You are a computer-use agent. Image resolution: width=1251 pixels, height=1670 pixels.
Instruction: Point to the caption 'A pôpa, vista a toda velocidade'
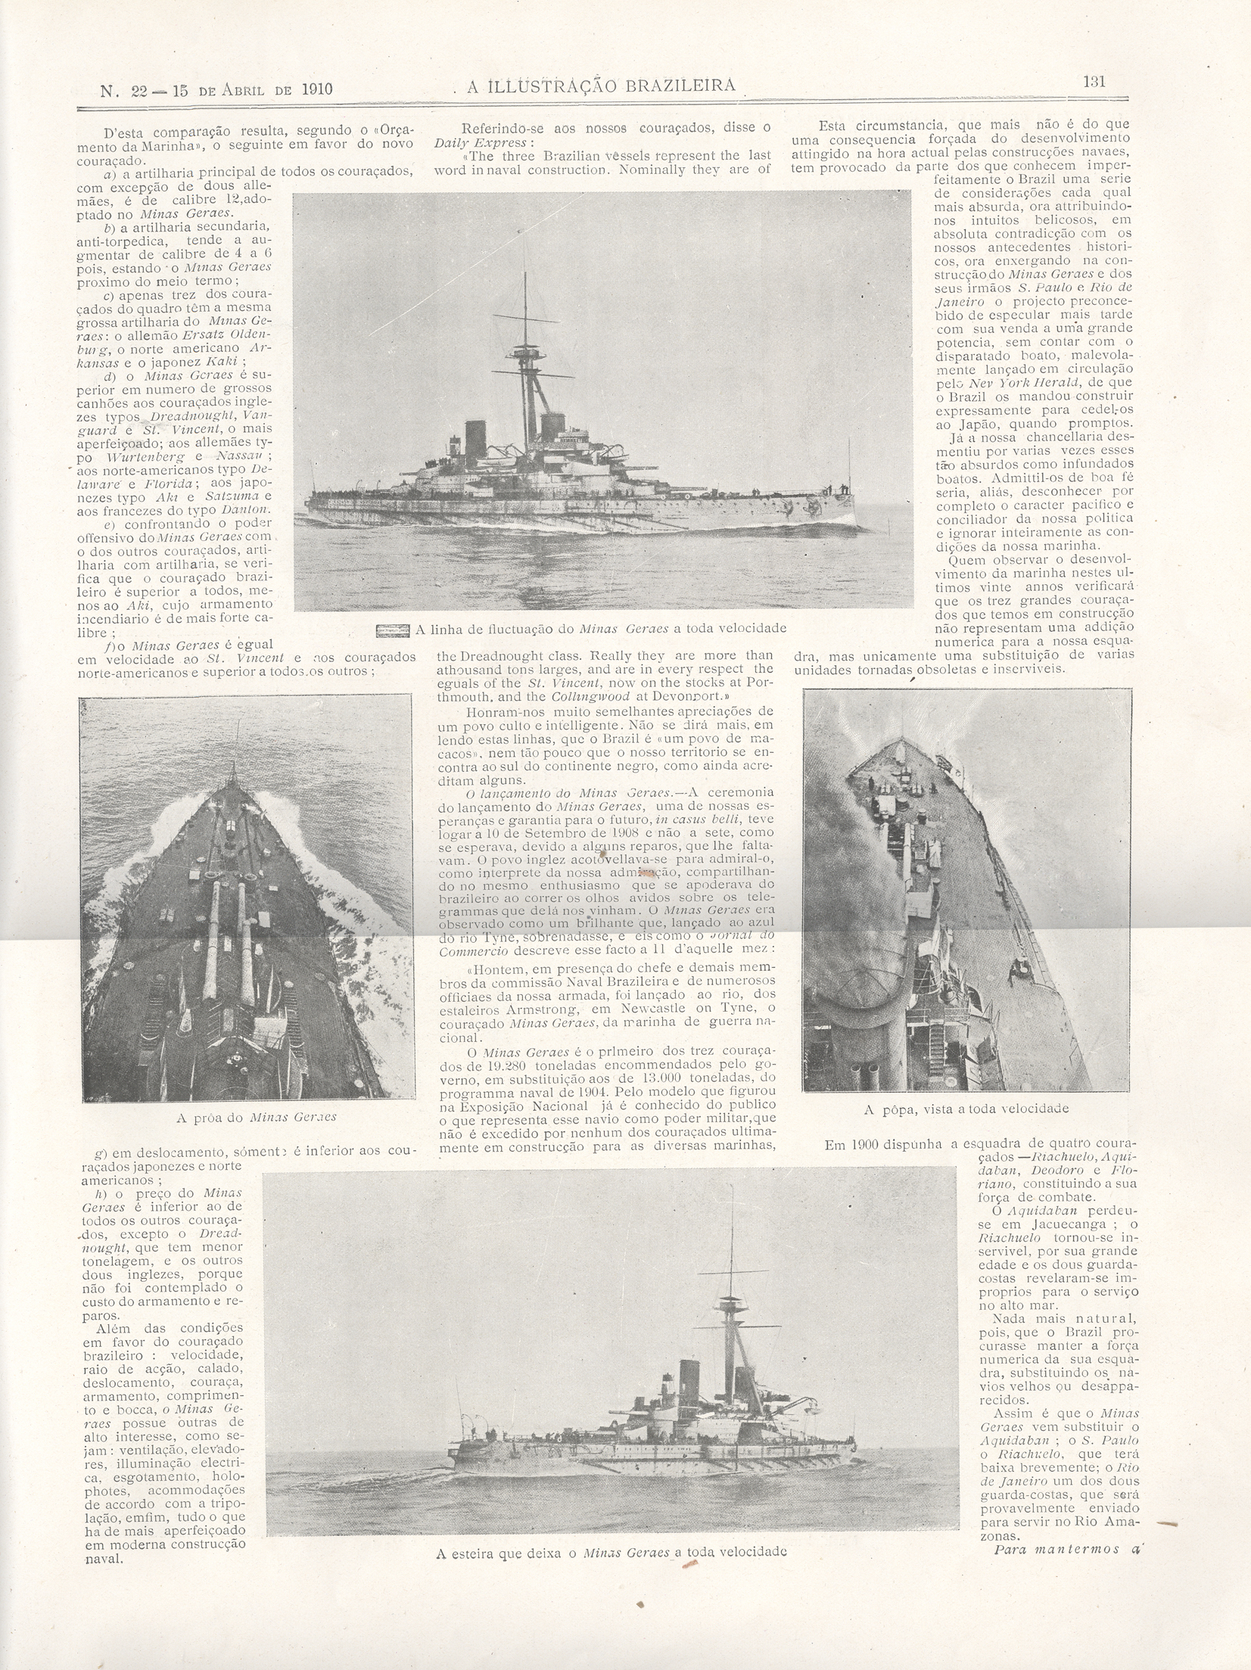tap(966, 1109)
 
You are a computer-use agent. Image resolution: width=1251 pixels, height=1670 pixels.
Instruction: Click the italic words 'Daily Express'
tap(470, 141)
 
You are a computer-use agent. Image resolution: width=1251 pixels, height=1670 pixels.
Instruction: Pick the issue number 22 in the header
tap(139, 90)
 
